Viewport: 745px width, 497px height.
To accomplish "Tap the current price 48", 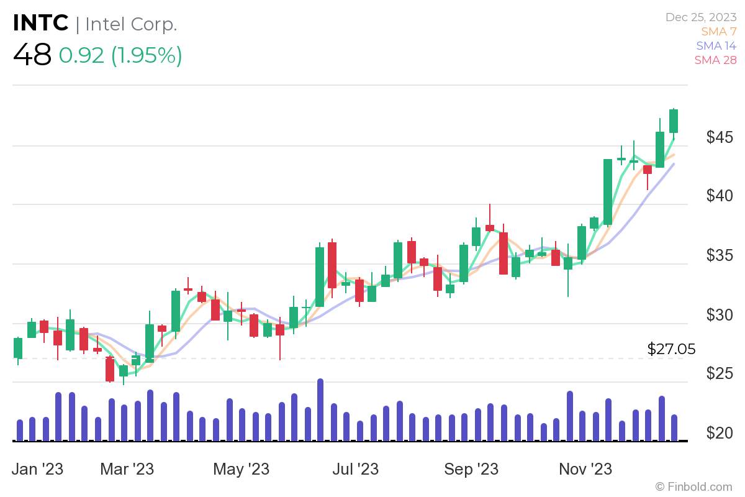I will (32, 55).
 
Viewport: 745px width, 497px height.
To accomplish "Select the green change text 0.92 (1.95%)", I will (120, 55).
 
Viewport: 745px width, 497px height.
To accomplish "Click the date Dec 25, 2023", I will (701, 18).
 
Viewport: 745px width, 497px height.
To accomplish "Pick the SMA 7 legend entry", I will (719, 31).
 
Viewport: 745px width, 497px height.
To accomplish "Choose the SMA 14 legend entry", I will (716, 45).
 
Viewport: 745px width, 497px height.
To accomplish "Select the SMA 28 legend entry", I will (716, 60).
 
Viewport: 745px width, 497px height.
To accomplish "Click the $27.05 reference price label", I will (671, 349).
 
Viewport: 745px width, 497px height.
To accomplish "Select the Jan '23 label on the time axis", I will (38, 468).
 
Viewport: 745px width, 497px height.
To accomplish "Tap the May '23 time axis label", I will (241, 468).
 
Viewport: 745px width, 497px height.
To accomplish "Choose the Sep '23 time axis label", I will (471, 468).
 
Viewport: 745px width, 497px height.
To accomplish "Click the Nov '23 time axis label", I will (585, 468).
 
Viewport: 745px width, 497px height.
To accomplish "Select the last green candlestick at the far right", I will (674, 121).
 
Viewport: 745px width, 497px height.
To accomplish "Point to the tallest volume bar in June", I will (320, 410).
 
